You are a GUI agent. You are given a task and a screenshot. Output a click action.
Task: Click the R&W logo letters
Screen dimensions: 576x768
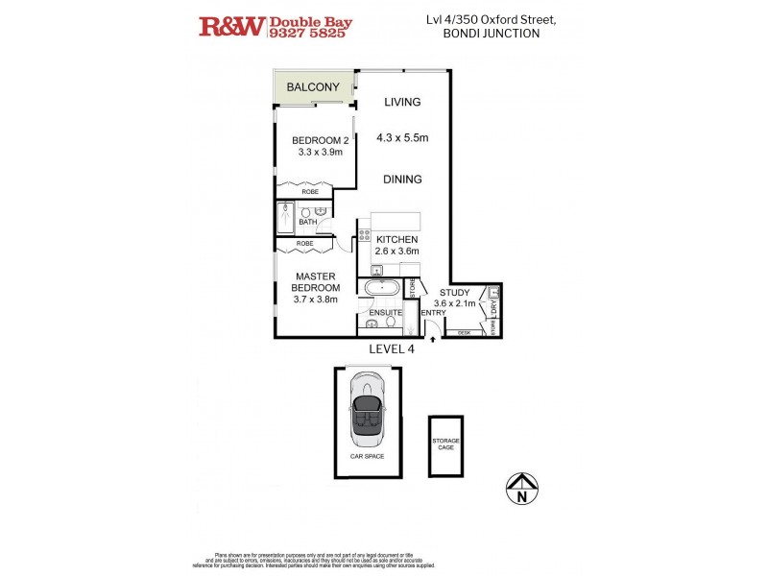click(x=231, y=26)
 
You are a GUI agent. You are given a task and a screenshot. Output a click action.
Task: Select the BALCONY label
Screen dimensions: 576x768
click(x=313, y=87)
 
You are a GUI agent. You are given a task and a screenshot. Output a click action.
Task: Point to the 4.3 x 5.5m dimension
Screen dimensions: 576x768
click(x=402, y=137)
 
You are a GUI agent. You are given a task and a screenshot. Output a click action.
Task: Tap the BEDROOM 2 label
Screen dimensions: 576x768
click(x=320, y=140)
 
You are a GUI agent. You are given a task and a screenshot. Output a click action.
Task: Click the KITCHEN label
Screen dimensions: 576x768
click(x=396, y=239)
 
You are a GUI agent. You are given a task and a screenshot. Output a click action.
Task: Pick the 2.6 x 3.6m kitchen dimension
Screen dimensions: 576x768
click(x=396, y=251)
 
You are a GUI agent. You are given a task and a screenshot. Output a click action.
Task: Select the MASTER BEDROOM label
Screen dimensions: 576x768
click(x=315, y=282)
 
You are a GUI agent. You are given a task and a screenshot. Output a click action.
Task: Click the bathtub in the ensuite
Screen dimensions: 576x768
click(x=382, y=287)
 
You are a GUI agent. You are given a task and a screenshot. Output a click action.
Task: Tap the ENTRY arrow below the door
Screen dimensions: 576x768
click(x=433, y=336)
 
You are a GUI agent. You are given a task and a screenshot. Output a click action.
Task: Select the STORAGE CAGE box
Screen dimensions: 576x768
click(x=444, y=447)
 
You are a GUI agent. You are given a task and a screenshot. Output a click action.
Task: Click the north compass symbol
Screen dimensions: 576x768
click(x=521, y=489)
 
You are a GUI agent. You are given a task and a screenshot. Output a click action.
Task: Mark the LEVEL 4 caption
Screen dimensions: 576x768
click(x=392, y=349)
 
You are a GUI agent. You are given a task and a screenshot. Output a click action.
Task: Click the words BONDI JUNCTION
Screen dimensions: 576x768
click(x=491, y=33)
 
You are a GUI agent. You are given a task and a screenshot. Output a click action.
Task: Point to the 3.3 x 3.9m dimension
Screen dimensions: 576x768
click(x=320, y=152)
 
